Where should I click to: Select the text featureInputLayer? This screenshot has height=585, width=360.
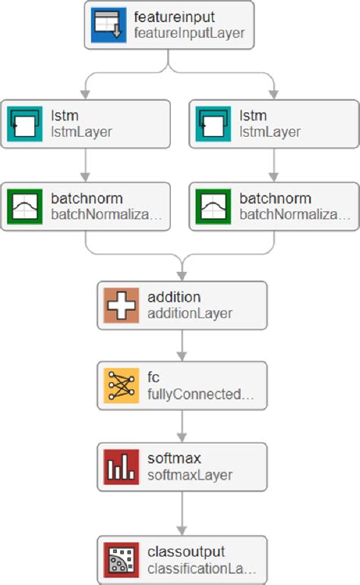point(189,33)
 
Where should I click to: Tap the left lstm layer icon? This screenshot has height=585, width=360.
point(26,123)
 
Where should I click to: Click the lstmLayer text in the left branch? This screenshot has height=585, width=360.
point(81,131)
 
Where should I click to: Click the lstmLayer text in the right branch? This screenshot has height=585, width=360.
point(270,131)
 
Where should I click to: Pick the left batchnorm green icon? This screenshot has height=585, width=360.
point(26,206)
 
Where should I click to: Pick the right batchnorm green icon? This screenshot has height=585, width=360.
point(214,206)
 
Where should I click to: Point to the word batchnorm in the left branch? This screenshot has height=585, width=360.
point(86,198)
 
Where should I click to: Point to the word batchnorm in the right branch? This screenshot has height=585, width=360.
point(275,198)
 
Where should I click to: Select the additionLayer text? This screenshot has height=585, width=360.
point(190,312)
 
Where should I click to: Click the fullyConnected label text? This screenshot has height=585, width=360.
point(199,394)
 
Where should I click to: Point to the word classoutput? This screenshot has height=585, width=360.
point(186,552)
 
